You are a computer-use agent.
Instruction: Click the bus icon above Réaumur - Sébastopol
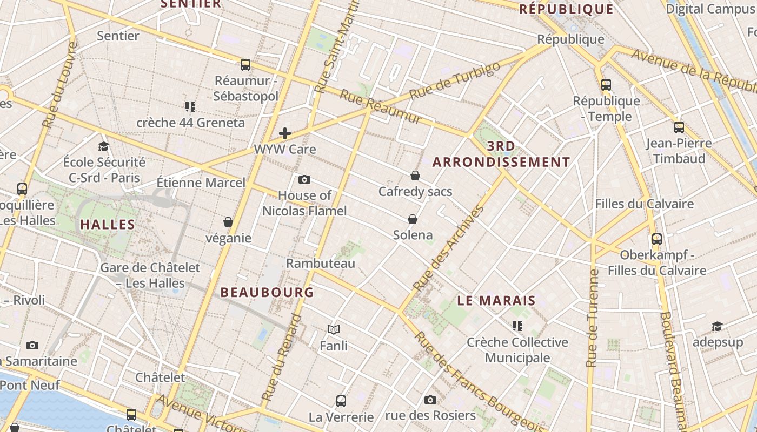tap(245, 65)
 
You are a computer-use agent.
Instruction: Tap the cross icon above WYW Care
tap(285, 133)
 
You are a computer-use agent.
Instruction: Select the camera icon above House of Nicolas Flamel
tap(304, 179)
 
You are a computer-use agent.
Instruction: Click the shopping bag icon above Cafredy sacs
tap(415, 175)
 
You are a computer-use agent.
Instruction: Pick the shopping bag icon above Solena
tap(413, 219)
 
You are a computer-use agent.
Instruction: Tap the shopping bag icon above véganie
tap(228, 222)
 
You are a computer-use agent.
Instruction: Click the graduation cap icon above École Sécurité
tap(103, 146)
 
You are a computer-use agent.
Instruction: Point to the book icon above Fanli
tap(334, 329)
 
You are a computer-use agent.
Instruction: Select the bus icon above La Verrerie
tap(341, 401)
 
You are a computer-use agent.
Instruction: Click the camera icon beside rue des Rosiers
tap(430, 400)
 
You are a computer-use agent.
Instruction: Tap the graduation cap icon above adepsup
tap(717, 327)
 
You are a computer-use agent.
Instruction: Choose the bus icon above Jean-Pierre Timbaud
tap(679, 127)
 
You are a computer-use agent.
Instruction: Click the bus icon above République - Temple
tap(606, 85)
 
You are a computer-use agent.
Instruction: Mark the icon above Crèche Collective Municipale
tap(517, 326)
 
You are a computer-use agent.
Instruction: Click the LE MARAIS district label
tap(496, 301)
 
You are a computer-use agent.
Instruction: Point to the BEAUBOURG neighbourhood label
tap(267, 293)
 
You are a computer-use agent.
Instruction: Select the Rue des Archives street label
tap(448, 248)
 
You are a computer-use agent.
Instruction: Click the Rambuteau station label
tap(321, 264)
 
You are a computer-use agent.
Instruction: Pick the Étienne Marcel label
tap(201, 183)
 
